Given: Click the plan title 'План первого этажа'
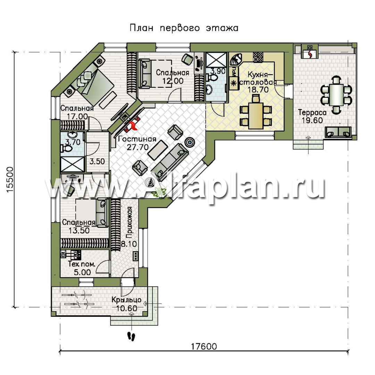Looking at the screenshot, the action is tap(184, 28).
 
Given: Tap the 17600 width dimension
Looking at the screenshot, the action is tap(204, 346).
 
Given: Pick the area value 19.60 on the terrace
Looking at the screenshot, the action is tap(312, 120).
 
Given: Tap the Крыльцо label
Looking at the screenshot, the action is tap(126, 300).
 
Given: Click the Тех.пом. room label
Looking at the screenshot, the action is tap(82, 264).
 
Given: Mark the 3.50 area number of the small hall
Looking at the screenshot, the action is tap(97, 161).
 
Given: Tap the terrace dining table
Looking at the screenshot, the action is tap(336, 95).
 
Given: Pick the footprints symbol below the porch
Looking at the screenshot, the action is tap(131, 336).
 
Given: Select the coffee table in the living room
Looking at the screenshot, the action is tap(158, 150).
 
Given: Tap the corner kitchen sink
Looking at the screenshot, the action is tap(236, 59).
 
